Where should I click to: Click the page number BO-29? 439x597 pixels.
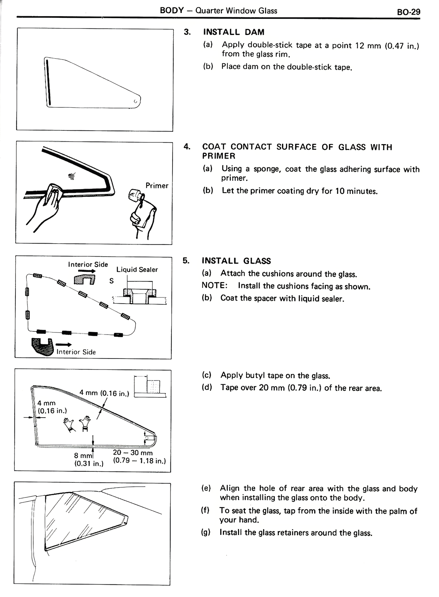408,12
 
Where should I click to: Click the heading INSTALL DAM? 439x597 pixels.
234,32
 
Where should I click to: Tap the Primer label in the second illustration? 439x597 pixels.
157,186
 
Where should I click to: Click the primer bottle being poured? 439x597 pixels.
134,197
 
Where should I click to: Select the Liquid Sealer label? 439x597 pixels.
137,270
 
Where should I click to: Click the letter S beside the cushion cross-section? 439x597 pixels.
111,281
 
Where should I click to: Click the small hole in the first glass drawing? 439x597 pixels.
135,101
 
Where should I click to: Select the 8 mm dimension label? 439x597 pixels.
83,456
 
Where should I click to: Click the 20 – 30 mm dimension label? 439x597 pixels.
133,453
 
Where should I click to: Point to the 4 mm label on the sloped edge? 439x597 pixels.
104,393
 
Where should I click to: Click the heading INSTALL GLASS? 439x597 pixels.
236,261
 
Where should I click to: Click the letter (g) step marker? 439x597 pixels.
206,532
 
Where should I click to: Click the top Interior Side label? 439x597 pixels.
88,265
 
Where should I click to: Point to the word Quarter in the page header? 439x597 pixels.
209,11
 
